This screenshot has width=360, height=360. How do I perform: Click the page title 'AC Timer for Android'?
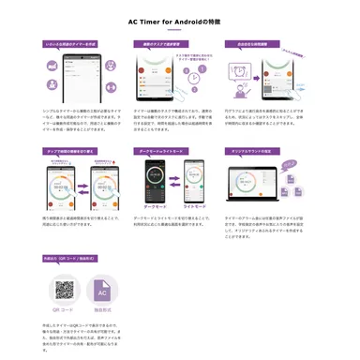[179, 22]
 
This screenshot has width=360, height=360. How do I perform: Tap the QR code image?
[65, 290]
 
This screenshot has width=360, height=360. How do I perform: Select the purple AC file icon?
[102, 290]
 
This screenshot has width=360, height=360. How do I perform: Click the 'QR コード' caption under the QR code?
[65, 313]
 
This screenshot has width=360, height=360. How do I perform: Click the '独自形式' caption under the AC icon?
[102, 313]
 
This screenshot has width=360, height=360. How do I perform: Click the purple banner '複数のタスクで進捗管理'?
[161, 44]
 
